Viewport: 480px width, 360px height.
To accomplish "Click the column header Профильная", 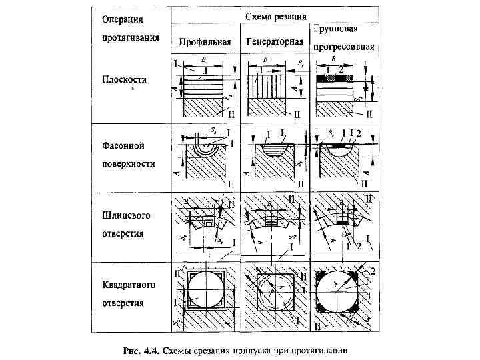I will pyautogui.click(x=205, y=43).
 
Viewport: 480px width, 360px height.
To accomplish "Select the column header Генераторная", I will pyautogui.click(x=275, y=43).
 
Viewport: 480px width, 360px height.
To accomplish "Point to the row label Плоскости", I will pyautogui.click(x=125, y=79).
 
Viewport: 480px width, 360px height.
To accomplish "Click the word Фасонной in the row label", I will pyautogui.click(x=123, y=145).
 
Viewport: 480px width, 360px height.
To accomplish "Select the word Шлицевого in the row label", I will pyautogui.click(x=126, y=216).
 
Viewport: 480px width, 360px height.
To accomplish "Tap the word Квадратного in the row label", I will pyautogui.click(x=129, y=285).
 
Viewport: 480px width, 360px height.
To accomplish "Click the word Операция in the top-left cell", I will pyautogui.click(x=121, y=19).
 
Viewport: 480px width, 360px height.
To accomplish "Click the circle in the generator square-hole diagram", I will pyautogui.click(x=273, y=292).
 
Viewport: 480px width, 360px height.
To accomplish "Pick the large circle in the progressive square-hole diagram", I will pyautogui.click(x=339, y=291).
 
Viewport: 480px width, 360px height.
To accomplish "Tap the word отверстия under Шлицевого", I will pyautogui.click(x=123, y=234).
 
